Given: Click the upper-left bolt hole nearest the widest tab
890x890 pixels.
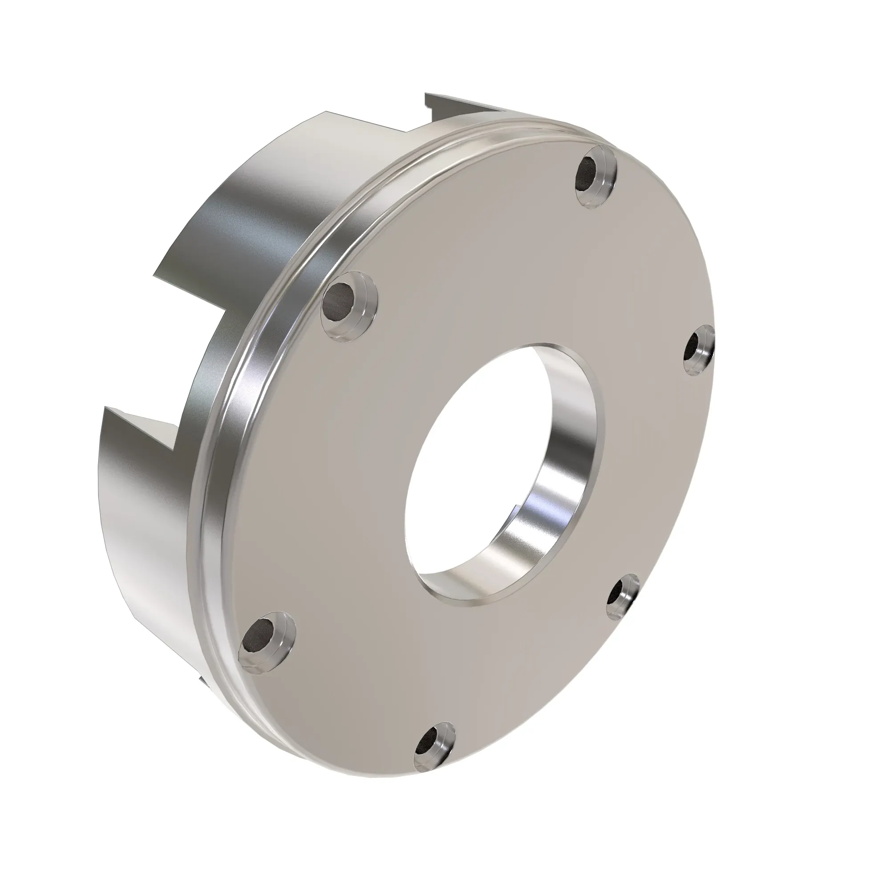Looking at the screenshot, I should (x=344, y=304).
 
